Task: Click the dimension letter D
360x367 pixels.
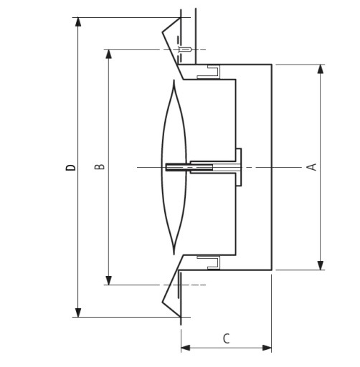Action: [x=70, y=167]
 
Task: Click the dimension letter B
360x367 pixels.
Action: [x=100, y=166]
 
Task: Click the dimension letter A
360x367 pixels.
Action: [x=311, y=167]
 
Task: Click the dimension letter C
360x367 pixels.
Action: [x=226, y=338]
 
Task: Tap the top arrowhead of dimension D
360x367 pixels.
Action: [x=78, y=22]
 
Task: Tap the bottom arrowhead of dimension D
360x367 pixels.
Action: [x=78, y=313]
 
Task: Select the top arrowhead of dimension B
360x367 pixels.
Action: [x=109, y=54]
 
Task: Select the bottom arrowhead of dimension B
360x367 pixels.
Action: [x=109, y=280]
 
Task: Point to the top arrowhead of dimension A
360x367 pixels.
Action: [x=321, y=69]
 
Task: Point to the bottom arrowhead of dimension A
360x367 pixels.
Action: [x=321, y=265]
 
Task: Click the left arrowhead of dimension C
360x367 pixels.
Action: [x=186, y=348]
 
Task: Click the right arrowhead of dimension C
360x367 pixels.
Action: [x=267, y=348]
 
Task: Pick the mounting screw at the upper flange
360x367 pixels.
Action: [x=184, y=49]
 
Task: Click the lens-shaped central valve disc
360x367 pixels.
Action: [x=174, y=167]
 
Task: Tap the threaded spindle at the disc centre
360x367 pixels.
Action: [x=189, y=167]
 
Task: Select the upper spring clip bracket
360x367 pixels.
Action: [x=208, y=72]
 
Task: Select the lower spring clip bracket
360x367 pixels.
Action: [x=208, y=262]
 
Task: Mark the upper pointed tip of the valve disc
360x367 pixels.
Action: [x=174, y=80]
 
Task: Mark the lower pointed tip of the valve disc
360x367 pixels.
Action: [x=174, y=254]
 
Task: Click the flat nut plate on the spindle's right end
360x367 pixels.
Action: [x=239, y=167]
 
